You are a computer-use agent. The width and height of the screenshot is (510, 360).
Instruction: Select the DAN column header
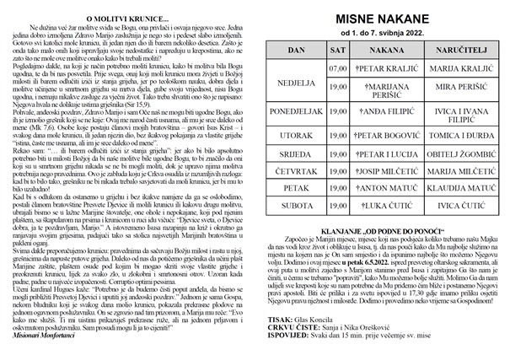(296, 51)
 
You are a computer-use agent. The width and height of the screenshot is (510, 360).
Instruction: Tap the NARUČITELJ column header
(455, 51)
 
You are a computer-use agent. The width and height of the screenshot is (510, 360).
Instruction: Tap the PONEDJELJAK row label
(296, 111)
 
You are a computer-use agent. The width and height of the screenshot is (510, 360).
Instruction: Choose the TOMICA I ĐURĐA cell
(455, 135)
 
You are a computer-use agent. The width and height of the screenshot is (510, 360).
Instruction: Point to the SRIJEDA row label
(296, 156)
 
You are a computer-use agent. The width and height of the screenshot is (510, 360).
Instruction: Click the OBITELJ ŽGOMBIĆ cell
(455, 156)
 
